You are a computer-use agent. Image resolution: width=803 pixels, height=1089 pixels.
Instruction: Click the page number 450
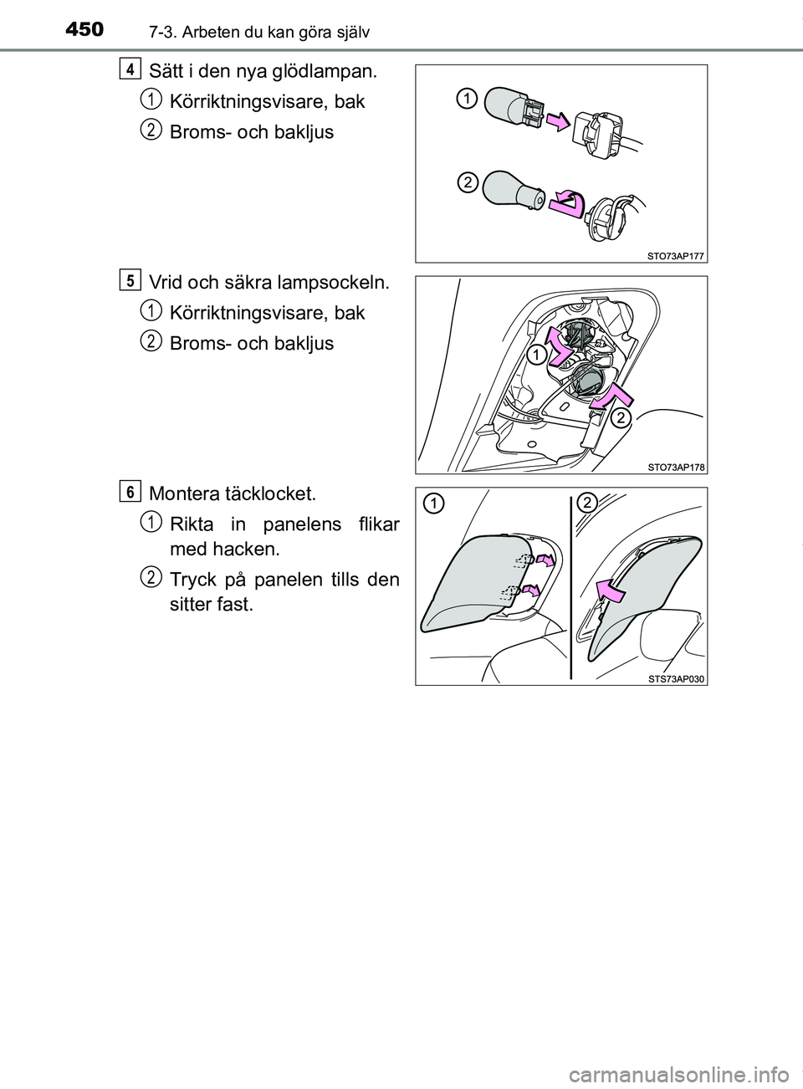tap(84, 30)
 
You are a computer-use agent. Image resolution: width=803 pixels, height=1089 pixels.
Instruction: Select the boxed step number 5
tap(130, 280)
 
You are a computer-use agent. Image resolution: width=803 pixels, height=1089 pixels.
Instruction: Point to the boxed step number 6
tap(130, 492)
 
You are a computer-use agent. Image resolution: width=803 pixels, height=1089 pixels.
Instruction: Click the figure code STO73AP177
tap(675, 256)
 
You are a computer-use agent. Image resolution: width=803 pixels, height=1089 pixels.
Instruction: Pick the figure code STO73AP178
tap(675, 468)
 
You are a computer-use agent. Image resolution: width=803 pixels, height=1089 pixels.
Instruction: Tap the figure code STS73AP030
tap(675, 678)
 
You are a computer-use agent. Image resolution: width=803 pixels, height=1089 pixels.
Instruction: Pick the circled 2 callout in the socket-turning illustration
tap(621, 418)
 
